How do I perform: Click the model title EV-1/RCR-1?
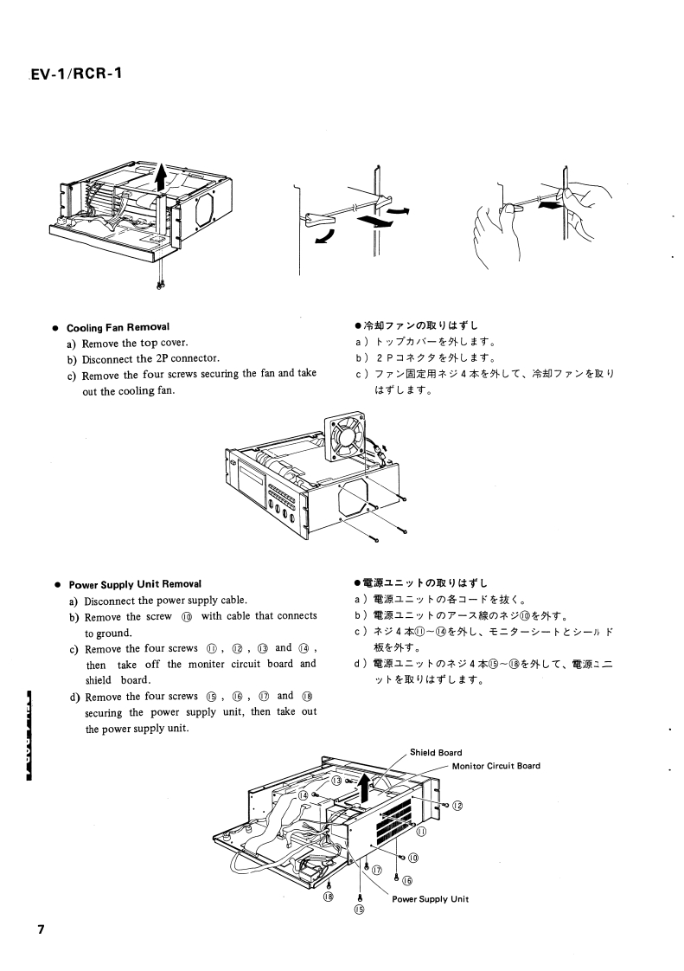pyautogui.click(x=76, y=74)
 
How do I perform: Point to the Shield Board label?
pyautogui.click(x=436, y=752)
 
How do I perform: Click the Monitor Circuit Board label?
pyautogui.click(x=495, y=765)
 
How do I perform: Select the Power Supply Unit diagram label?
pyautogui.click(x=431, y=898)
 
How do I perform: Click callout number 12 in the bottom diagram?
pyautogui.click(x=457, y=806)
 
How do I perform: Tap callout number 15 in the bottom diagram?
pyautogui.click(x=359, y=910)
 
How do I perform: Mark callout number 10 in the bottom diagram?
pyautogui.click(x=413, y=857)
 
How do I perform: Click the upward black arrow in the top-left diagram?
pyautogui.click(x=161, y=177)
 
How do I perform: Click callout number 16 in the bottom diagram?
pyautogui.click(x=406, y=880)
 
